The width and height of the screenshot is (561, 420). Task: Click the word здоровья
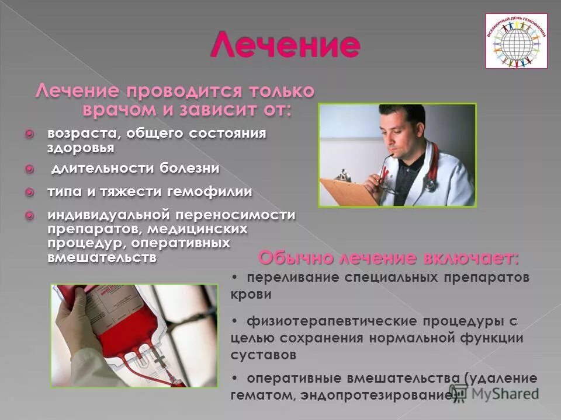(x=81, y=148)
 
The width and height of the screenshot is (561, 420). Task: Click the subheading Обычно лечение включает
(x=388, y=257)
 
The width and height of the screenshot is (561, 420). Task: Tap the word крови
(x=251, y=295)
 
